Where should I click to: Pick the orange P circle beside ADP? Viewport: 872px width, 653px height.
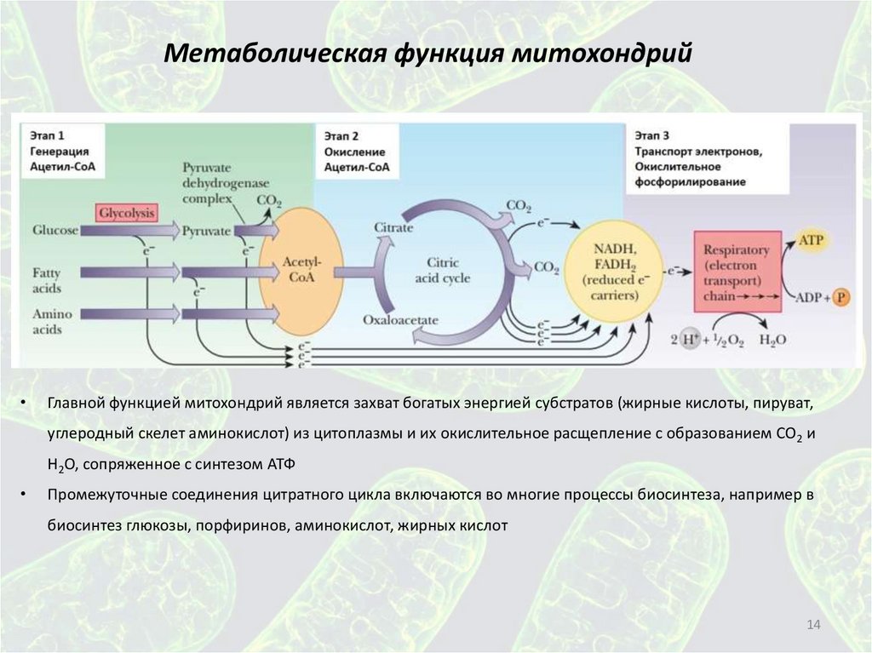pos(841,298)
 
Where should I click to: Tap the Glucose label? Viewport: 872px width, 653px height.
pos(55,230)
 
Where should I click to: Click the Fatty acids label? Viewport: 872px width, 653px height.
pos(47,278)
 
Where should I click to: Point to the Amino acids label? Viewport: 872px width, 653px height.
pos(50,321)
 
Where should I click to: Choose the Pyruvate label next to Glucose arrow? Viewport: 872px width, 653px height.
pos(206,230)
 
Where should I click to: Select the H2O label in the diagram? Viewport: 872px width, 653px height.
pos(772,339)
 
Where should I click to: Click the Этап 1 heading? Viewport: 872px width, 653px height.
pos(48,135)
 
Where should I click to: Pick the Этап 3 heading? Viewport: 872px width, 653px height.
pos(652,135)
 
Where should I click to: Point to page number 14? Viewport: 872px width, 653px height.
pos(812,627)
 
